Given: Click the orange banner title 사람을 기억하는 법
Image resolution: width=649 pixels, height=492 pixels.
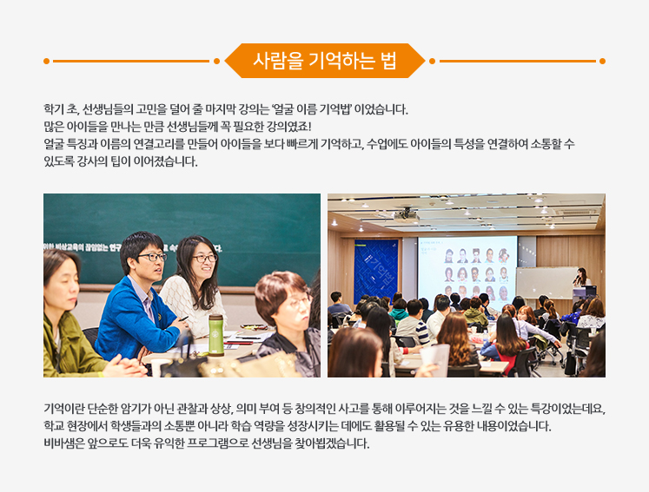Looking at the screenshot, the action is point(325,61).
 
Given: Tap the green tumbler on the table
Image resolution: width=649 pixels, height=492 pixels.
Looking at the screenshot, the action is point(215,335).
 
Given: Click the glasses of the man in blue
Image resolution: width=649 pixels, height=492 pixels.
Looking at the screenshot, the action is point(152,257).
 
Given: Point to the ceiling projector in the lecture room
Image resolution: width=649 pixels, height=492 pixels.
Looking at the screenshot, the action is point(406,214).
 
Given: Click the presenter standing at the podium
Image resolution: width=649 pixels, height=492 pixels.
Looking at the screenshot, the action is point(582,277).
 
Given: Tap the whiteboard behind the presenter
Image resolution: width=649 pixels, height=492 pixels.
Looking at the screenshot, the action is point(546,282).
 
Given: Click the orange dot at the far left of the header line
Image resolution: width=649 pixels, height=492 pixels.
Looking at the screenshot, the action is point(46,62).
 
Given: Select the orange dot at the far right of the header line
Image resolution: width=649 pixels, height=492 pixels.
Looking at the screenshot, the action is point(602,62).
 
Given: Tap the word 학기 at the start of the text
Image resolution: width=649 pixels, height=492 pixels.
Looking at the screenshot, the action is point(54,109).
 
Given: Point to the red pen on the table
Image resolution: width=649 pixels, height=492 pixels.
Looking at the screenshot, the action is point(239,343).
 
